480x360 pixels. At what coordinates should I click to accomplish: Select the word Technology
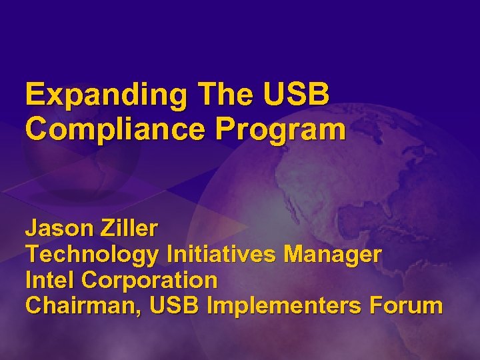(x=92, y=255)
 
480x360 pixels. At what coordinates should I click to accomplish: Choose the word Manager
(x=333, y=254)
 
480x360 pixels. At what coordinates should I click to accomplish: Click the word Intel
(x=45, y=279)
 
